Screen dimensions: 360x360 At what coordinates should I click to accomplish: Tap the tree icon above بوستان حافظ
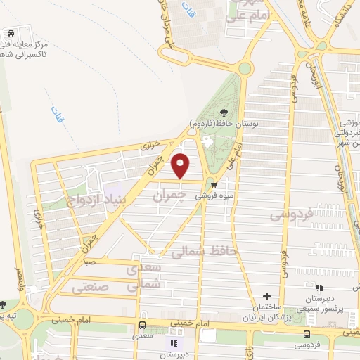tap(224, 112)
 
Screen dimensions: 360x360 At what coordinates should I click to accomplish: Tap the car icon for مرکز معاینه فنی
tap(10, 33)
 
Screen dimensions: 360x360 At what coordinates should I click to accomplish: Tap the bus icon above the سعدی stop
tap(143, 325)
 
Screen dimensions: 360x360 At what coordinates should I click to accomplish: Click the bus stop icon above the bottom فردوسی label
tap(306, 334)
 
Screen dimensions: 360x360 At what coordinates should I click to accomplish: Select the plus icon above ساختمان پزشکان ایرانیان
tap(266, 296)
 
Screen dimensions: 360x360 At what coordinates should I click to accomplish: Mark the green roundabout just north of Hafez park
tap(245, 68)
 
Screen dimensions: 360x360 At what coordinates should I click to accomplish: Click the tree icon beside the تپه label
tap(3, 304)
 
